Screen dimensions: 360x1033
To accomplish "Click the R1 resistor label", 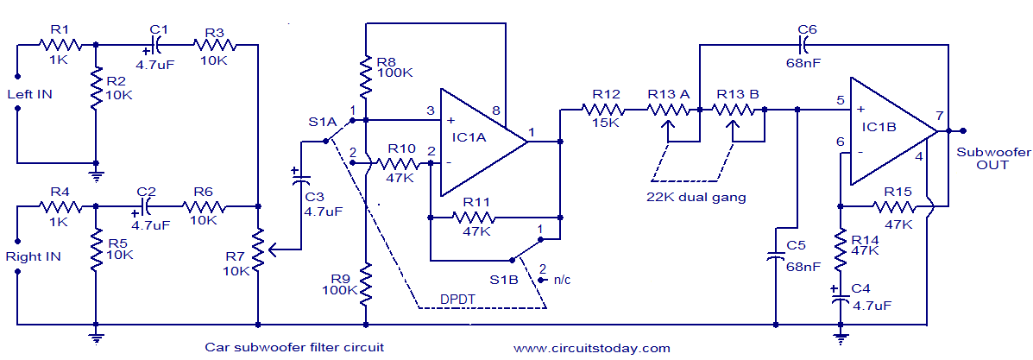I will click(58, 28).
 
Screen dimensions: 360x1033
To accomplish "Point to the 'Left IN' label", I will click(29, 94).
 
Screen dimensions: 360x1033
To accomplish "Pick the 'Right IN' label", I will click(32, 256).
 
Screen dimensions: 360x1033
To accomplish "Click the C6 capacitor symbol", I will click(805, 43).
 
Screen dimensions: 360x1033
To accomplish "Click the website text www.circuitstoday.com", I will click(591, 348).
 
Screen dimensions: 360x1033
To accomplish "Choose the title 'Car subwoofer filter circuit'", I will click(294, 348).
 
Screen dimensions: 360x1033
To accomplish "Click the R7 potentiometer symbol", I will click(258, 249).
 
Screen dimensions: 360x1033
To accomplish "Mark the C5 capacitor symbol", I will click(776, 256).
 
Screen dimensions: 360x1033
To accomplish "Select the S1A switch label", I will click(322, 122).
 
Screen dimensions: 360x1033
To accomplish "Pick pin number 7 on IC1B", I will click(939, 116).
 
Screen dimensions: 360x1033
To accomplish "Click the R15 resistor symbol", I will click(897, 206).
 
